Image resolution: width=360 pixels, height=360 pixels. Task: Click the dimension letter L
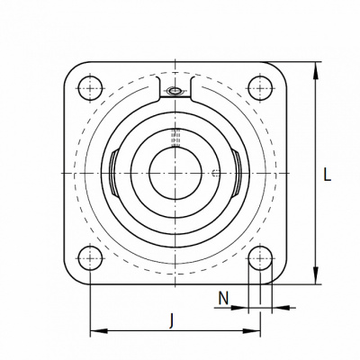[327, 175]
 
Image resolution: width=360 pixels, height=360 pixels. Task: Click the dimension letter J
[171, 320]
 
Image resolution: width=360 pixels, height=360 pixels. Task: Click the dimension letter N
[223, 298]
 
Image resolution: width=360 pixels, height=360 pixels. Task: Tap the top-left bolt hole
[90, 88]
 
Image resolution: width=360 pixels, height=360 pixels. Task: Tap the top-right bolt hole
[260, 88]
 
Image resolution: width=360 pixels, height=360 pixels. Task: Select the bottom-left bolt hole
[90, 258]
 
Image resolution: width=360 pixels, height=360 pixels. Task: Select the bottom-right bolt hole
[260, 258]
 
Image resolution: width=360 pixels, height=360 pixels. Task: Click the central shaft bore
[175, 173]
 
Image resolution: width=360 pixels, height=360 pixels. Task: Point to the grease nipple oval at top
[175, 90]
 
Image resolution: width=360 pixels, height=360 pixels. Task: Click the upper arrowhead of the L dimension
[315, 71]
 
